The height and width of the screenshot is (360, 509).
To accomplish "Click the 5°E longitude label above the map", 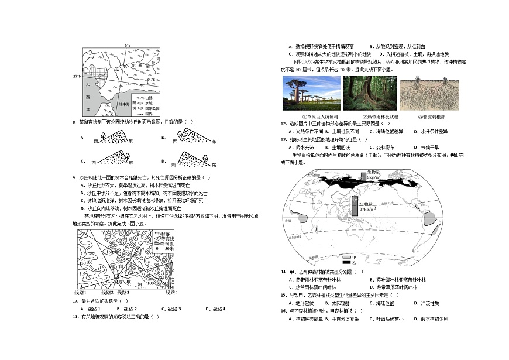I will (x=128, y=45).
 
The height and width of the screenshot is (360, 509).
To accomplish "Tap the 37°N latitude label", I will (x=77, y=76).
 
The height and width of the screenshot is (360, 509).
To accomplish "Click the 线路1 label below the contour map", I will (x=81, y=292).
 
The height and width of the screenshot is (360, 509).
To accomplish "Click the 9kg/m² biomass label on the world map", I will (x=374, y=176).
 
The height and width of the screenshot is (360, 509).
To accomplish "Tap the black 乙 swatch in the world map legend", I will (x=346, y=263).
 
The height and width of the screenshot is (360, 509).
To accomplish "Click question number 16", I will (x=284, y=311).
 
